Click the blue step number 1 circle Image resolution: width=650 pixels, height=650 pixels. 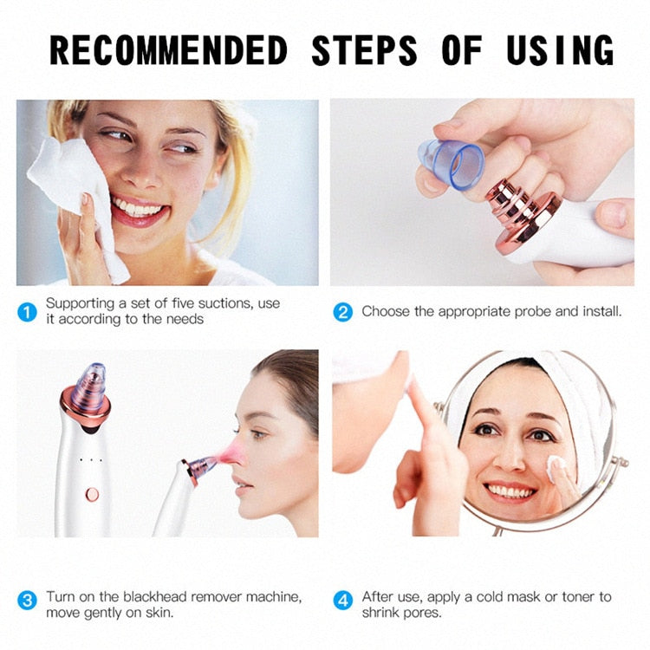coord(28,312)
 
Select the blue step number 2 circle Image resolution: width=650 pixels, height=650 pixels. coord(343,312)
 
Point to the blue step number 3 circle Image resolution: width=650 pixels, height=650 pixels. coord(28,599)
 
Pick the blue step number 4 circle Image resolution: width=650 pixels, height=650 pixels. coord(343,599)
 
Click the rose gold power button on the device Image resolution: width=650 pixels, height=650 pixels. coord(92,494)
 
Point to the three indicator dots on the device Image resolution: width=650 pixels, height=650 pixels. coord(90,459)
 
